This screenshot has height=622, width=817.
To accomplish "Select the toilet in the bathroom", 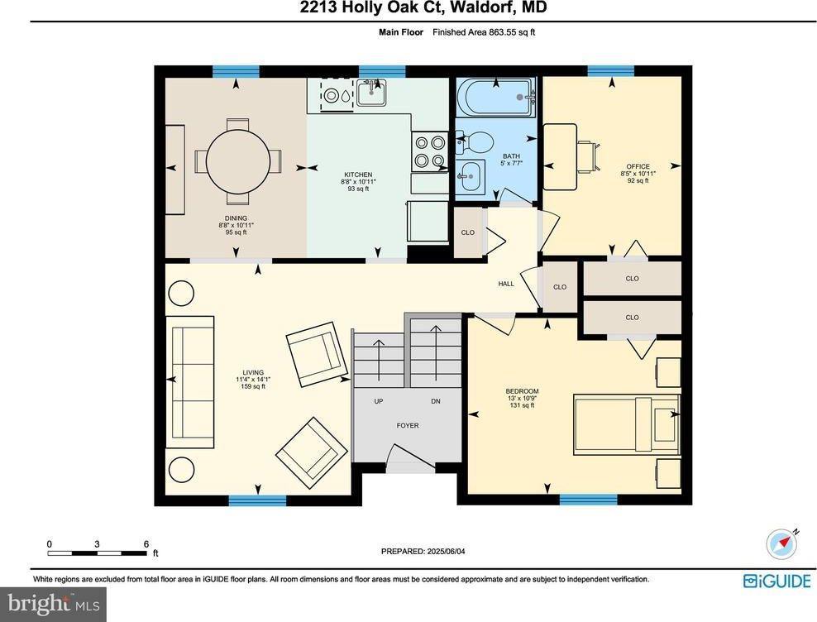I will pyautogui.click(x=475, y=141).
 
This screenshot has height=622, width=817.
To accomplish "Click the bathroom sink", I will pyautogui.click(x=471, y=175).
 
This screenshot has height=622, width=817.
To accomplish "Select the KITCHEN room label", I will pyautogui.click(x=359, y=175).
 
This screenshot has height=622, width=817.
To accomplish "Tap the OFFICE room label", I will pyautogui.click(x=637, y=167).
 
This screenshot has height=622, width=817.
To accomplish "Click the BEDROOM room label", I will pyautogui.click(x=522, y=391).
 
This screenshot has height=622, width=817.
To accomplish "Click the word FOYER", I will pyautogui.click(x=407, y=426).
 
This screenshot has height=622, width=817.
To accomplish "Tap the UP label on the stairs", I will pyautogui.click(x=379, y=402).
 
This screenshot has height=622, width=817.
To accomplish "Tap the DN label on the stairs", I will pyautogui.click(x=436, y=402).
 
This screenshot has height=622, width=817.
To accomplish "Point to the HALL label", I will pyautogui.click(x=505, y=284).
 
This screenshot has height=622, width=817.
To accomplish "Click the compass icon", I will pyautogui.click(x=780, y=543).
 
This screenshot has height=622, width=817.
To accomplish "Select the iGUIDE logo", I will pyautogui.click(x=776, y=581).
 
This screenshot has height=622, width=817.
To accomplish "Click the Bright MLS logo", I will pyautogui.click(x=55, y=605).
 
